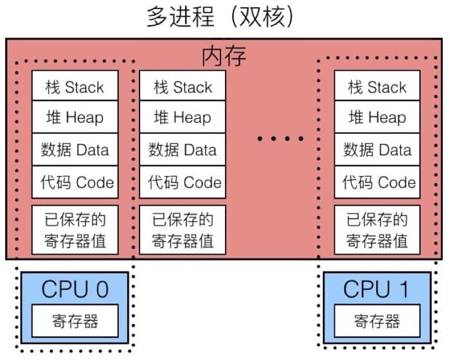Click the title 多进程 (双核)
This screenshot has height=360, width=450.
(x=221, y=17)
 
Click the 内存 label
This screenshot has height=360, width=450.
(x=224, y=57)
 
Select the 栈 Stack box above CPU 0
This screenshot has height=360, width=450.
(x=75, y=86)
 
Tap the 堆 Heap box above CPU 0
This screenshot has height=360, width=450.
(x=75, y=118)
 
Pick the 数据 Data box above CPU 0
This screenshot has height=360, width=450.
(x=75, y=150)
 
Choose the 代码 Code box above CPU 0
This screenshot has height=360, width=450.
(x=75, y=181)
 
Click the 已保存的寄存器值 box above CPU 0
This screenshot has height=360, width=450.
(x=75, y=230)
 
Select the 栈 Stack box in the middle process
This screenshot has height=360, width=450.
(x=183, y=86)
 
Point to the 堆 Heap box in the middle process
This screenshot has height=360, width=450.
(x=183, y=118)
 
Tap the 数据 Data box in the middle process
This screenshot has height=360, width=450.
(x=183, y=150)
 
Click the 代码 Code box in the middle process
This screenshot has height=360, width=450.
(x=183, y=181)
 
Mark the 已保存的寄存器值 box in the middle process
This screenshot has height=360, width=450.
(x=183, y=230)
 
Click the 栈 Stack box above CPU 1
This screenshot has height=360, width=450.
(x=377, y=86)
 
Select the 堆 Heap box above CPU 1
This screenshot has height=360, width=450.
(x=377, y=118)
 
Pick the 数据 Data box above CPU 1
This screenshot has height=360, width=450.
(x=377, y=150)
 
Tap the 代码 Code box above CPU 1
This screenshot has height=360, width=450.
(x=377, y=181)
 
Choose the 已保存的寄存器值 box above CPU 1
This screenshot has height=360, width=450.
(x=377, y=230)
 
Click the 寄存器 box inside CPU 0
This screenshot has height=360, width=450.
(x=75, y=320)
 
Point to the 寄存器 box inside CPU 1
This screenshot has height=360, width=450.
(x=377, y=320)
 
